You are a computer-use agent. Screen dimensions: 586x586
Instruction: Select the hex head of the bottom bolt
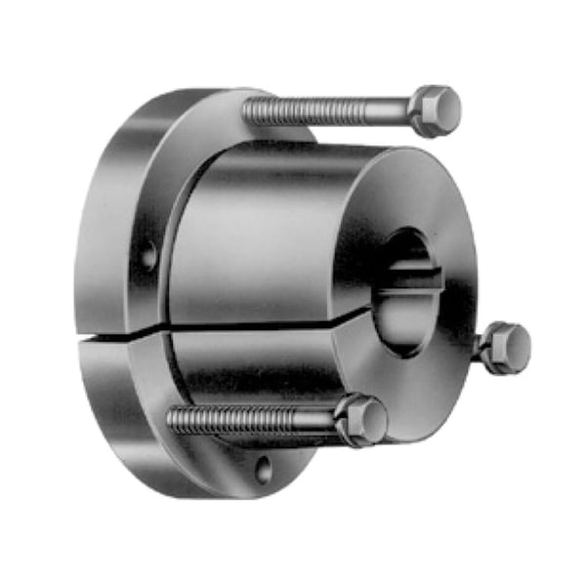pyautogui.click(x=363, y=420)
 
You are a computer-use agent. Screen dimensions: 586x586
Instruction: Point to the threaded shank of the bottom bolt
pyautogui.click(x=254, y=421)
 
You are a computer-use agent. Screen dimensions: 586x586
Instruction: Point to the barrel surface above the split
pyautogui.click(x=264, y=234)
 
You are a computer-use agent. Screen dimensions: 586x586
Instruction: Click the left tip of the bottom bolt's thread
pyautogui.click(x=172, y=420)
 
